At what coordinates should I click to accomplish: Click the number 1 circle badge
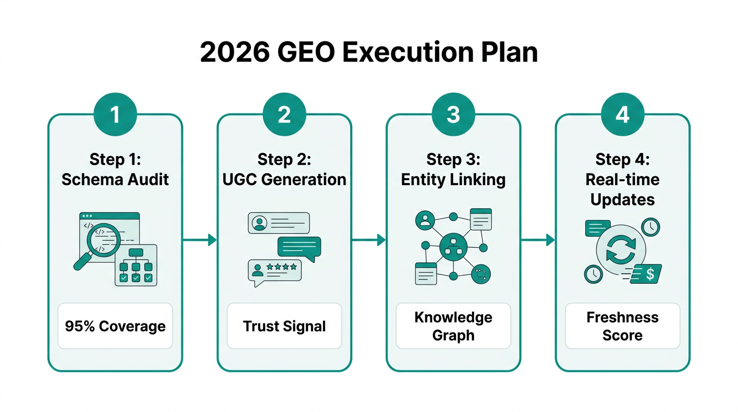coord(115,114)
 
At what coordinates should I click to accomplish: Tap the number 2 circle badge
coord(284,114)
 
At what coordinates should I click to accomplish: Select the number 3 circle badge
coord(453,114)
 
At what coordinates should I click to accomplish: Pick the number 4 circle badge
coord(622,114)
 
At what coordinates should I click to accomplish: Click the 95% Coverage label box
coord(115,326)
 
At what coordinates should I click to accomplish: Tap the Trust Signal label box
coord(284,326)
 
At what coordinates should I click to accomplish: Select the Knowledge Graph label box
coord(453,326)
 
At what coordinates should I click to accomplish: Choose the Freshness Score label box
coord(622,326)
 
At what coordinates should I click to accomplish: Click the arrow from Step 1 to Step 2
coord(200,240)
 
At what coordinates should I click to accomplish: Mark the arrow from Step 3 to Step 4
coord(537,240)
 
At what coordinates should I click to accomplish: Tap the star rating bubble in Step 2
coord(275,269)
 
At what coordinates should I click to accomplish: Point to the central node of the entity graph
coord(453,247)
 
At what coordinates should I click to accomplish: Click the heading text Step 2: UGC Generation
coord(284,169)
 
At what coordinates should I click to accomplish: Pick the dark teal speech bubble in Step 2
coord(299,246)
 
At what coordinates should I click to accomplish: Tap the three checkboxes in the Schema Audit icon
coord(136,278)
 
